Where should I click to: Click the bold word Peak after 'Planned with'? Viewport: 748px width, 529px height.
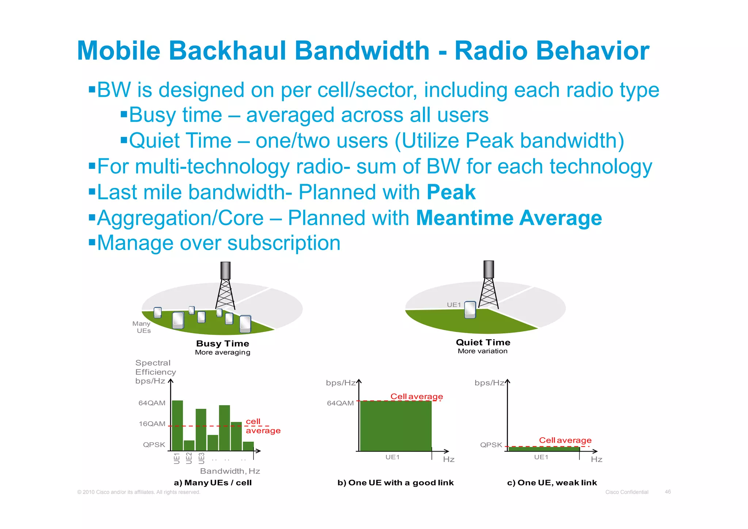[x=451, y=192]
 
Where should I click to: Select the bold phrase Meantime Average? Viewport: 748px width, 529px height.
[x=509, y=218]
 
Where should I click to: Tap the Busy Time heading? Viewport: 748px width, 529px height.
[x=222, y=344]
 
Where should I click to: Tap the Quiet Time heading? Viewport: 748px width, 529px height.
[x=483, y=343]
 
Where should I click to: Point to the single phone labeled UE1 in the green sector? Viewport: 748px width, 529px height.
[x=470, y=310]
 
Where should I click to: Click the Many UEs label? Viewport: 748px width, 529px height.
[x=142, y=327]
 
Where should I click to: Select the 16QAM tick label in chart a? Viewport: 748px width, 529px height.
[x=152, y=424]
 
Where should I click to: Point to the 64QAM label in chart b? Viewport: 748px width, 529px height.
[x=340, y=404]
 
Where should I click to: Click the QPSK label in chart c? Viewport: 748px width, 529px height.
[x=491, y=445]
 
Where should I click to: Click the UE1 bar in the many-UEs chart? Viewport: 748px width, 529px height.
[x=178, y=426]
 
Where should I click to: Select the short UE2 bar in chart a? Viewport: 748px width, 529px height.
[x=189, y=446]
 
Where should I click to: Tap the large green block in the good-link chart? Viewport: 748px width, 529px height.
[x=396, y=426]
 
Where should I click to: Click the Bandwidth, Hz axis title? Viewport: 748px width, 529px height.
[x=230, y=471]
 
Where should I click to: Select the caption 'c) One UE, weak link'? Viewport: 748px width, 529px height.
[x=552, y=483]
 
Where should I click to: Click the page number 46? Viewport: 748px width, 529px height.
[x=668, y=492]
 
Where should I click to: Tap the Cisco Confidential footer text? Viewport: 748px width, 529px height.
[x=627, y=492]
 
